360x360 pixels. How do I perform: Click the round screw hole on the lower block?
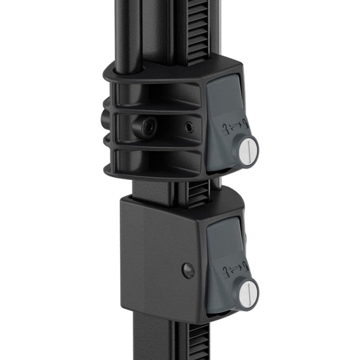point(189,269)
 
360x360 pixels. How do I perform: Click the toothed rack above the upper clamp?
point(199,31)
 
